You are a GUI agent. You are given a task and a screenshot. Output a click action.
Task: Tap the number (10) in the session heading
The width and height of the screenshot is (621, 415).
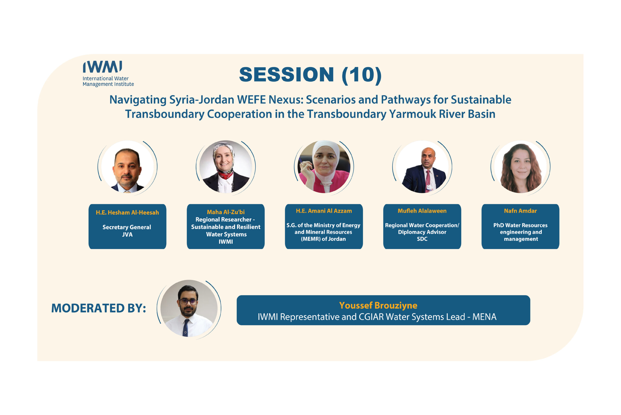point(362,75)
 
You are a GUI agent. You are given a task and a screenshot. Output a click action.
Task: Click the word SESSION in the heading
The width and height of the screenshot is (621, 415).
point(286,75)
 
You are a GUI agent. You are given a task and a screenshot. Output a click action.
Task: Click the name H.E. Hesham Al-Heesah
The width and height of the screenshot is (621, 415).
point(127,213)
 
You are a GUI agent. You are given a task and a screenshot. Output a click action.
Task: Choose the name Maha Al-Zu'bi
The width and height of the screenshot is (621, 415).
point(226,212)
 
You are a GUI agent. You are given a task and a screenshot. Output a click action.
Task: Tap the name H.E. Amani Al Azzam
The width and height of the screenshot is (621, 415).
point(324,211)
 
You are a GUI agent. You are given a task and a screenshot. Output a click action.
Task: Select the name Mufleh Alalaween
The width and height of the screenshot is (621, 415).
point(422,211)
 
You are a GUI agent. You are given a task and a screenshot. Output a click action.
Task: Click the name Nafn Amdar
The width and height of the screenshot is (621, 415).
point(520,211)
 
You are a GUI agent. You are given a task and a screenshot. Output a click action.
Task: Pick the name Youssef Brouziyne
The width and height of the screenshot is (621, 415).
point(378,305)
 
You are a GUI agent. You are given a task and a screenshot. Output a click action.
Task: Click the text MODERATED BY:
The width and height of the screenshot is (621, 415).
point(98,308)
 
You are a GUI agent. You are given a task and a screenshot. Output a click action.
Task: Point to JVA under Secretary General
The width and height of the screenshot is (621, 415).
point(127,234)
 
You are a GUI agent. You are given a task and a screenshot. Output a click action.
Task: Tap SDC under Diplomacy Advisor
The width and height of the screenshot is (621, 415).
point(422,239)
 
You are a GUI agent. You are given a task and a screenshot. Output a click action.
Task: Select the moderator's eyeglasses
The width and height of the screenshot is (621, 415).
point(188,301)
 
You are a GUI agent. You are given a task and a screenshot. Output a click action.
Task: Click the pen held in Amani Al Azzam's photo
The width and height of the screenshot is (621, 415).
point(301,162)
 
